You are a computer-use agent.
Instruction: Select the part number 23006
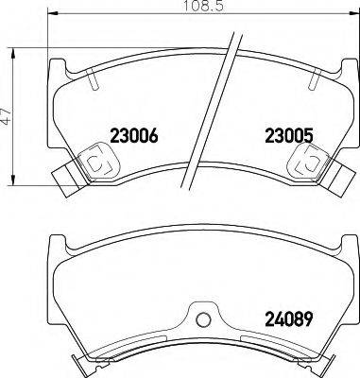point(132,135)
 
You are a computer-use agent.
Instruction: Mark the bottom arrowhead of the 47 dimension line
point(13,185)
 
